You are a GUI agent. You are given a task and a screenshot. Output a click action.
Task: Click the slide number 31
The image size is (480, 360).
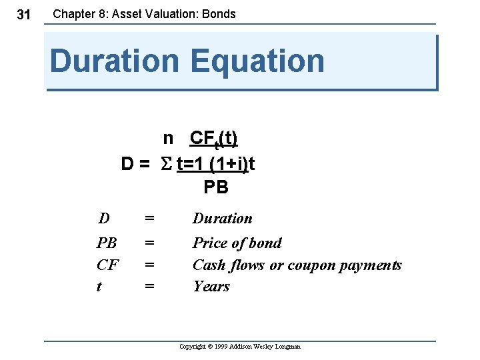23,14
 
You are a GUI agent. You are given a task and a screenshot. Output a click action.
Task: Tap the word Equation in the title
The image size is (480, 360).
257,61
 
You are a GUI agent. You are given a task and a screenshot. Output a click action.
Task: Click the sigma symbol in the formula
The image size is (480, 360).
167,163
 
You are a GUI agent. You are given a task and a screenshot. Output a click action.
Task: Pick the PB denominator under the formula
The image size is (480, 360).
216,187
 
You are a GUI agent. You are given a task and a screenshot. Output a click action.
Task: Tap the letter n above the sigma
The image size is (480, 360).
169,138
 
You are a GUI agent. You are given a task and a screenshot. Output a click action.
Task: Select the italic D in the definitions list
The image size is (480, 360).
104,219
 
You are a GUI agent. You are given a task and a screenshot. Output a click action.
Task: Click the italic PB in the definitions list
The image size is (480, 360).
107,243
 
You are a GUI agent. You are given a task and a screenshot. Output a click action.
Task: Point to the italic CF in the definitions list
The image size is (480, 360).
107,265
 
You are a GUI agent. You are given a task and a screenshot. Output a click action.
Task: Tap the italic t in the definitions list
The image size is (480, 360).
99,287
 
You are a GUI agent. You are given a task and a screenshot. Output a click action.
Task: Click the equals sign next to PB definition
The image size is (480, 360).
150,243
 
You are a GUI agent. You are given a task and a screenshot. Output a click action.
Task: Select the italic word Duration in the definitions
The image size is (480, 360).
223,219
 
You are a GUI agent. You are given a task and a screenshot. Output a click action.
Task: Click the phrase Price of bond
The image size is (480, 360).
237,243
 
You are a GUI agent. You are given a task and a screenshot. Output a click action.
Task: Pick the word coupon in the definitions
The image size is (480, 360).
311,265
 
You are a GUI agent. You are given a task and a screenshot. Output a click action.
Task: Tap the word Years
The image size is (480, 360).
211,287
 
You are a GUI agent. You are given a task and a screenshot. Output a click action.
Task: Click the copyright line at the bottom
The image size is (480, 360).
240,347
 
